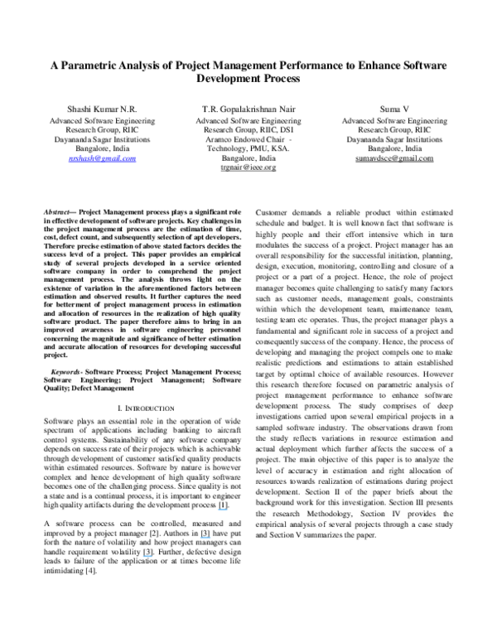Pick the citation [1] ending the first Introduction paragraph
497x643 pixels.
223,481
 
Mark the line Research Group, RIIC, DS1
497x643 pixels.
248,129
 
